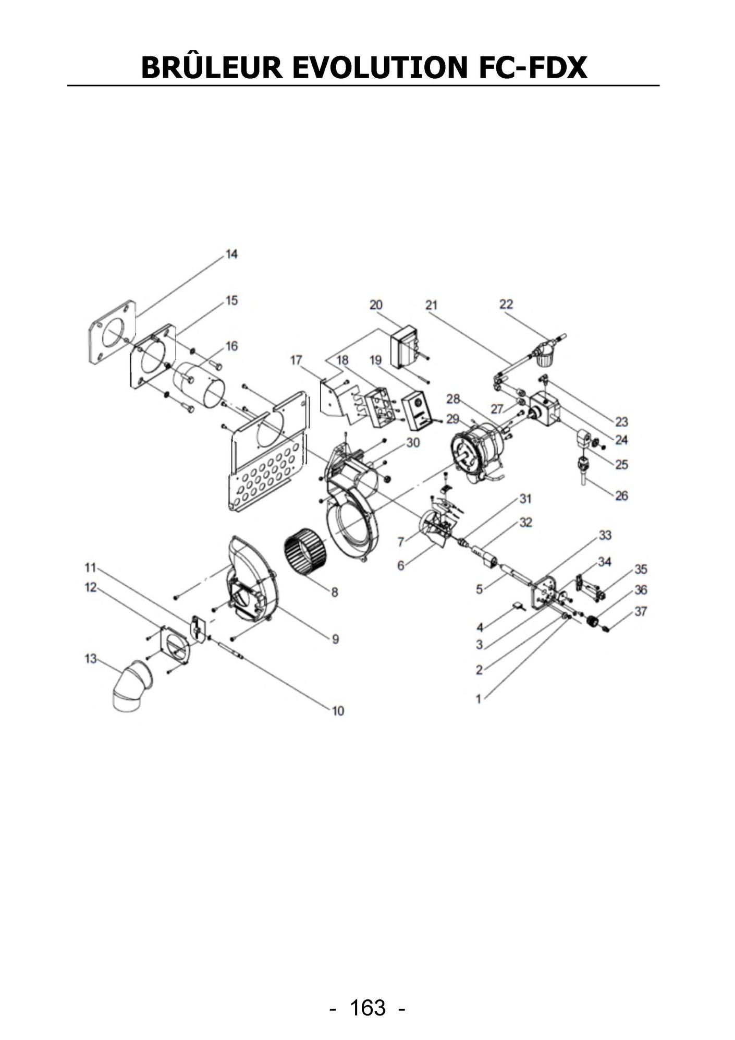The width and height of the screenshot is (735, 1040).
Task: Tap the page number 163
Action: click(x=368, y=1008)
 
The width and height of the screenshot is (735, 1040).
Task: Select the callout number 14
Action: click(x=231, y=254)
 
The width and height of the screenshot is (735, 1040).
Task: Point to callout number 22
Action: click(x=506, y=304)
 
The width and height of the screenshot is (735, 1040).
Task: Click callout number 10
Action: click(x=338, y=710)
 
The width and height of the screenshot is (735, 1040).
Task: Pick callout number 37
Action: click(x=641, y=611)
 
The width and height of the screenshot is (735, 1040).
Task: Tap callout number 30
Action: click(x=413, y=443)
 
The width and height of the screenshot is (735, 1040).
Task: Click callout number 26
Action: click(x=621, y=495)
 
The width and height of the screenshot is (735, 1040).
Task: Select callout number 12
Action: click(x=91, y=587)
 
